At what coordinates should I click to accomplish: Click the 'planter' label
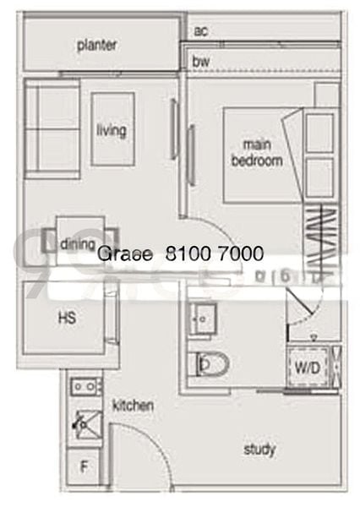[96, 46]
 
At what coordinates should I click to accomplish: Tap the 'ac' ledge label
[200, 31]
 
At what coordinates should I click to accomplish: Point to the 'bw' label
[200, 62]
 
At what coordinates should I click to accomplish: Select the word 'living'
[112, 130]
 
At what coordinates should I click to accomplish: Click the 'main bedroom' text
[257, 153]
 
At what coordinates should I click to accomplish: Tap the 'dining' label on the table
[77, 243]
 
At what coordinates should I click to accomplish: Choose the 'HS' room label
[68, 319]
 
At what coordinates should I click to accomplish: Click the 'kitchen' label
[133, 406]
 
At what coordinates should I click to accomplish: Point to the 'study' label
[259, 450]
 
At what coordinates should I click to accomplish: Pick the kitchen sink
[85, 422]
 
